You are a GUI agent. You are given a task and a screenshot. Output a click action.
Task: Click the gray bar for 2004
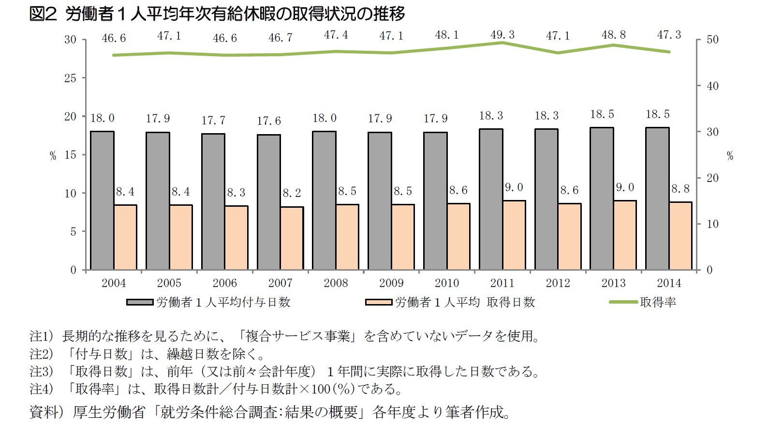tap(102, 200)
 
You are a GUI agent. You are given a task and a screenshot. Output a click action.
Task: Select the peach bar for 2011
tap(514, 235)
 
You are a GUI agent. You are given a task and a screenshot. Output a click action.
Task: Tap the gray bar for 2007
tap(269, 202)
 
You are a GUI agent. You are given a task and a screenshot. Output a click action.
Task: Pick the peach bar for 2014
tap(680, 236)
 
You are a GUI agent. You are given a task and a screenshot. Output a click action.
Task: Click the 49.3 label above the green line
tap(502, 35)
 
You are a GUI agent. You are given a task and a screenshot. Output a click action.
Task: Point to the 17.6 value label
tap(269, 121)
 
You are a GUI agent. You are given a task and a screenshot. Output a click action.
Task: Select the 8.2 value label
tap(292, 193)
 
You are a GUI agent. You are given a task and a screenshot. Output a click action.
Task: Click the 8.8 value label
tap(680, 189)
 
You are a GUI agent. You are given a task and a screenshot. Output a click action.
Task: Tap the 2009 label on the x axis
tap(391, 283)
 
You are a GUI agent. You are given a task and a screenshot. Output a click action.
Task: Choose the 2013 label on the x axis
tap(613, 283)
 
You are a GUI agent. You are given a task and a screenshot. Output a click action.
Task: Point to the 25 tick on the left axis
tap(70, 78)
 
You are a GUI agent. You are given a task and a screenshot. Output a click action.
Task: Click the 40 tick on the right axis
tap(712, 86)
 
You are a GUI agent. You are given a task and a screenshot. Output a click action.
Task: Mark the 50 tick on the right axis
tap(712, 40)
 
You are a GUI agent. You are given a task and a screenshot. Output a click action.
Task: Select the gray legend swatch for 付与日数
tap(140, 303)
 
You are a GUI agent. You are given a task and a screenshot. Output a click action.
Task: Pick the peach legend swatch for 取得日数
tap(379, 303)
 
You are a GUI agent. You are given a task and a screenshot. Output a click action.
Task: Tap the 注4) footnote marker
tap(41, 389)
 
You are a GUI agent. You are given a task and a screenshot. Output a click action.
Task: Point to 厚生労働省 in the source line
tap(109, 412)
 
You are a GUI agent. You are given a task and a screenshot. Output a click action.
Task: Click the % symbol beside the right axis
tap(730, 156)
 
